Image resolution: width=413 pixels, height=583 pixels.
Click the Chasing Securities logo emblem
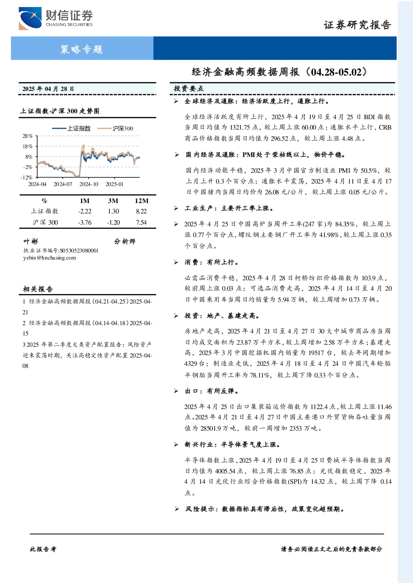click(30, 18)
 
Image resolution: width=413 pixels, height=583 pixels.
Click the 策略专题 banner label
click(82, 49)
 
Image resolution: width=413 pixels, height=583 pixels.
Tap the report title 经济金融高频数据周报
click(246, 72)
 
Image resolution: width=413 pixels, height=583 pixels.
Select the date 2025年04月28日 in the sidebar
click(48, 89)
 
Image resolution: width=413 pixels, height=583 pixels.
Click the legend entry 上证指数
click(71, 128)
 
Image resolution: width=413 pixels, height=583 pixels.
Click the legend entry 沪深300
click(115, 128)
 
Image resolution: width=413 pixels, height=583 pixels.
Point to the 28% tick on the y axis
click(27, 136)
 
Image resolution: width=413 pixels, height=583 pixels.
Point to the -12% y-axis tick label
click(27, 177)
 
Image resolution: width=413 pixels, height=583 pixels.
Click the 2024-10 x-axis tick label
click(89, 184)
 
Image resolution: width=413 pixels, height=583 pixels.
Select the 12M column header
click(141, 201)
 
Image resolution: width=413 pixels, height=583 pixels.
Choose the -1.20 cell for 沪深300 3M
click(113, 223)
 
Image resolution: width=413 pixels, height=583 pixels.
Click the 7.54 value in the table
click(141, 223)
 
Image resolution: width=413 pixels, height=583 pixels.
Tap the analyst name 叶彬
click(30, 242)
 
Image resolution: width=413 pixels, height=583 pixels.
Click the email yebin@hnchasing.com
click(49, 258)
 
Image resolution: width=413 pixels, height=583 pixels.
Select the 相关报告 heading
click(38, 289)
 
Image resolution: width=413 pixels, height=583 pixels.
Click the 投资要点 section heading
click(189, 89)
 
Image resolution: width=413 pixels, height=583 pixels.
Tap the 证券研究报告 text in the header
click(357, 25)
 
